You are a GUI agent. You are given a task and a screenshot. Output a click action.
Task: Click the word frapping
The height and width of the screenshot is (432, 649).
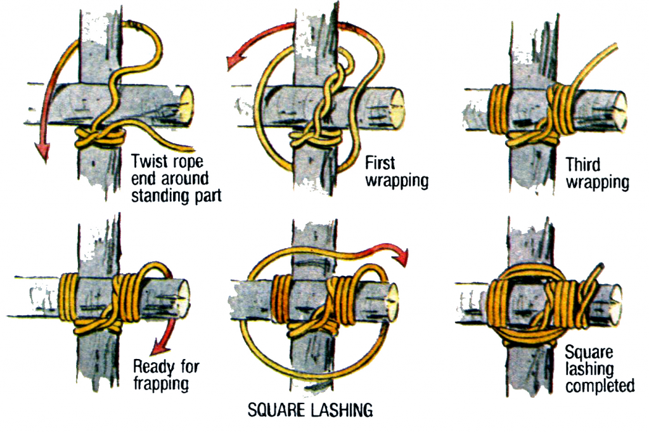[x=164, y=383]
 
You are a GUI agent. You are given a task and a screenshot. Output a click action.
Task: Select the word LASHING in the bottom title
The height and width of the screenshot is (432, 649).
[x=342, y=410]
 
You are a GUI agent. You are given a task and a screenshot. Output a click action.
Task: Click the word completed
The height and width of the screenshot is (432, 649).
[x=600, y=384]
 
